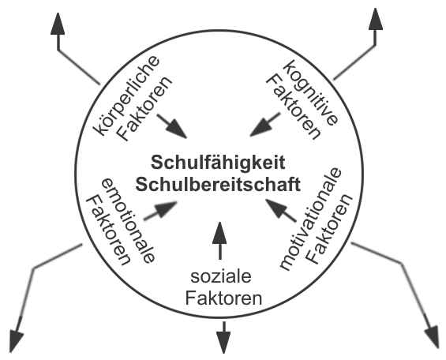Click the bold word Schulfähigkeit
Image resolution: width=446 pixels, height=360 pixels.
pos(218,163)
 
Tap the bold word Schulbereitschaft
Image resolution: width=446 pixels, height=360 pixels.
pos(218,185)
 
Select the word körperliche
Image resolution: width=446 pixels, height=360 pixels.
pos(126,95)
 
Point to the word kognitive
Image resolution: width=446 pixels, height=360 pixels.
pos(311,92)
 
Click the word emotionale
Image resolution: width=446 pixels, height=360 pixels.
pos(129,221)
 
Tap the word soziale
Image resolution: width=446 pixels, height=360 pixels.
pos(221,276)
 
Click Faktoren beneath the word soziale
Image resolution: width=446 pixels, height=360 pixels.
pos(223,298)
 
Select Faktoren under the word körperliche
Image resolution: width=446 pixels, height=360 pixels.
pos(144,108)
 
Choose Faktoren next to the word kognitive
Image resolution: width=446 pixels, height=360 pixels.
pos(294,106)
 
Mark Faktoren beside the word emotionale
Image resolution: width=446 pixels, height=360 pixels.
pos(108,230)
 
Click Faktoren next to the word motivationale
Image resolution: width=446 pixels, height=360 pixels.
pos(330,229)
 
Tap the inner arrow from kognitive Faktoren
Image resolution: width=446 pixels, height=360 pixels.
pos(265,125)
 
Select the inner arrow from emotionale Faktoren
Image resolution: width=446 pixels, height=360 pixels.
pos(161,211)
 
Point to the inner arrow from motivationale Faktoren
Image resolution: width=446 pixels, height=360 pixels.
pos(281,210)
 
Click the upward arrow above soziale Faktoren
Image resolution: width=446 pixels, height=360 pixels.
pos(219,241)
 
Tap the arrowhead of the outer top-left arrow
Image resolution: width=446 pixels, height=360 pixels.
pos(58,24)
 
